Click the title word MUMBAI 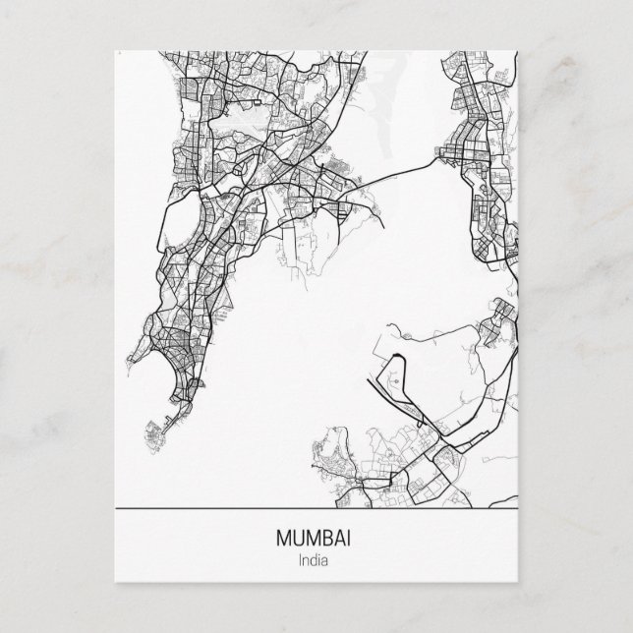pos(316,540)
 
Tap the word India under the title pos(316,561)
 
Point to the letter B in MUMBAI pos(327,540)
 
